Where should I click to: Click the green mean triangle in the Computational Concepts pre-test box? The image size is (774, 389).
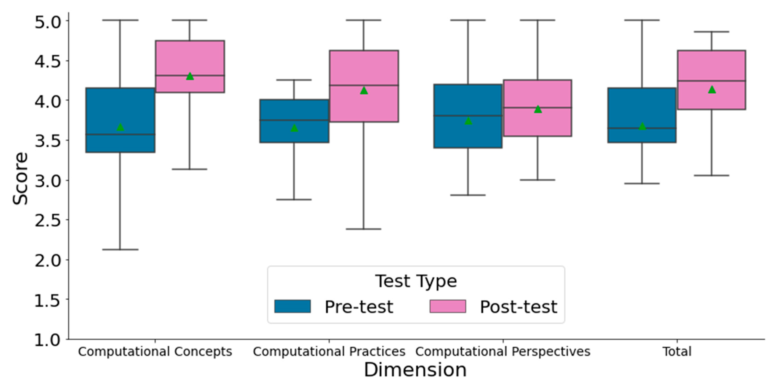click(x=120, y=127)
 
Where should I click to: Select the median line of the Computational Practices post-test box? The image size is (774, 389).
click(x=364, y=85)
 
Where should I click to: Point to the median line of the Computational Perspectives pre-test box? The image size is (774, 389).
click(x=468, y=116)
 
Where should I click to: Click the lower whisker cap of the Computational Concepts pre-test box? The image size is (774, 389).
click(x=120, y=250)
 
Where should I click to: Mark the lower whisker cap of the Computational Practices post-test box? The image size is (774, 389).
click(x=364, y=229)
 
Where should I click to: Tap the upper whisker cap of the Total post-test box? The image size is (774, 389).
click(x=712, y=32)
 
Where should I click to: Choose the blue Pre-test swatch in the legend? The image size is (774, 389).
click(x=292, y=306)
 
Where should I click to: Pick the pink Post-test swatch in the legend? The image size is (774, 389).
click(x=448, y=306)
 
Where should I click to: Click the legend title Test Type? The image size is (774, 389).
click(x=416, y=281)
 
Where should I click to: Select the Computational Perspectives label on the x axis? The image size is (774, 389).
click(x=503, y=351)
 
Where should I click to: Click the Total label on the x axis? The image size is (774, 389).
click(x=677, y=351)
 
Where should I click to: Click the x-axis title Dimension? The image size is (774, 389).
click(x=415, y=370)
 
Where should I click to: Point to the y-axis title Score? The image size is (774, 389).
click(x=20, y=179)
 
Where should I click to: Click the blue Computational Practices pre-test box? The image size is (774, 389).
click(x=294, y=132)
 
